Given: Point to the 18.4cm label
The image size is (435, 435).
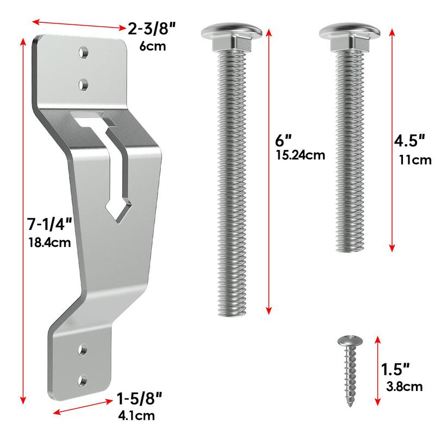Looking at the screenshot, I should (x=48, y=242).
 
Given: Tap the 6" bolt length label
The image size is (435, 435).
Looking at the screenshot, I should (x=283, y=139).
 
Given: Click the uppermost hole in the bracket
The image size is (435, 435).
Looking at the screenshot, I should (x=84, y=52).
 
